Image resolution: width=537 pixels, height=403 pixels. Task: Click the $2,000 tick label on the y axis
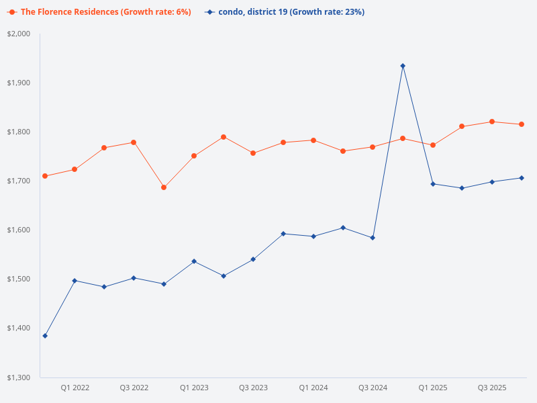click(x=19, y=34)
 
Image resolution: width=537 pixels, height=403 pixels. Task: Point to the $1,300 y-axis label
click(x=19, y=377)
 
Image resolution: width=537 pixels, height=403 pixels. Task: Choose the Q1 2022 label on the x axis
click(x=75, y=388)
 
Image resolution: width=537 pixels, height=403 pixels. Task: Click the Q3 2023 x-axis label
click(x=253, y=388)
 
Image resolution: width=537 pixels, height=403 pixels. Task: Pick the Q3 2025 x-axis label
click(x=492, y=388)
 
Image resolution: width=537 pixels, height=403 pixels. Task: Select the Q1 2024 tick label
click(x=313, y=388)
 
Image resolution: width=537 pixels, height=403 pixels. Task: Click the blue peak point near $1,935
click(x=403, y=66)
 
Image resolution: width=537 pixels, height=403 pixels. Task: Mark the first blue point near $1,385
click(x=45, y=336)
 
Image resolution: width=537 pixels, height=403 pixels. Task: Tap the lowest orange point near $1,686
click(x=164, y=187)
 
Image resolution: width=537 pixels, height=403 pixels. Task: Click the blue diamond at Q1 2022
click(x=75, y=280)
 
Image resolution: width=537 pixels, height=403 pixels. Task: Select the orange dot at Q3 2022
click(x=134, y=142)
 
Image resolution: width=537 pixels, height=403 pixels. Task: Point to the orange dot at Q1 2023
click(x=194, y=156)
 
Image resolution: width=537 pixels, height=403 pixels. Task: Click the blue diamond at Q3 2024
click(x=373, y=238)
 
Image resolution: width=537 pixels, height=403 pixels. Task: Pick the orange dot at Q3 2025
click(x=492, y=122)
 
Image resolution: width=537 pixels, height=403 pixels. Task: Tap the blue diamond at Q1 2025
click(x=433, y=184)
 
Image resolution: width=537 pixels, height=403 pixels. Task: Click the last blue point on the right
click(x=522, y=178)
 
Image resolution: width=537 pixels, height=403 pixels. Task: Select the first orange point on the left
click(x=45, y=176)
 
